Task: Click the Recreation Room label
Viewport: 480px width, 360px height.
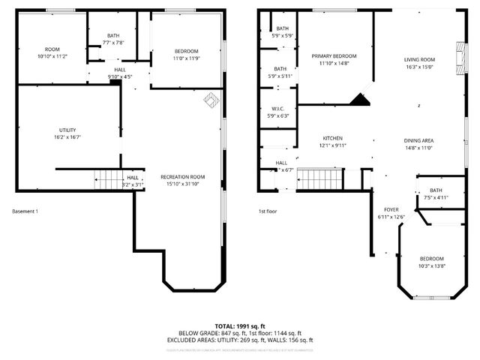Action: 182,177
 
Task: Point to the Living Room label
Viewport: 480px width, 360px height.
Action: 419,60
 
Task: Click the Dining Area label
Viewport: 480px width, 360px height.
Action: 419,141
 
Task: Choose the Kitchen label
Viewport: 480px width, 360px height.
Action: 332,139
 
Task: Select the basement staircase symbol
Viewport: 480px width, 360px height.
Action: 108,180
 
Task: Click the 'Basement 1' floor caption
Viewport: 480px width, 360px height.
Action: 25,211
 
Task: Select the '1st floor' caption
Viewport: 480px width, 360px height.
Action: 268,211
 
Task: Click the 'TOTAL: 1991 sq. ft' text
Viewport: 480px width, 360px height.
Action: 240,326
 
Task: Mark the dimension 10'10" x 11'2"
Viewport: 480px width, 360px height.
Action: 52,56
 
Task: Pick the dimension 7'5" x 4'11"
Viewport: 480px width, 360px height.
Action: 436,198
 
